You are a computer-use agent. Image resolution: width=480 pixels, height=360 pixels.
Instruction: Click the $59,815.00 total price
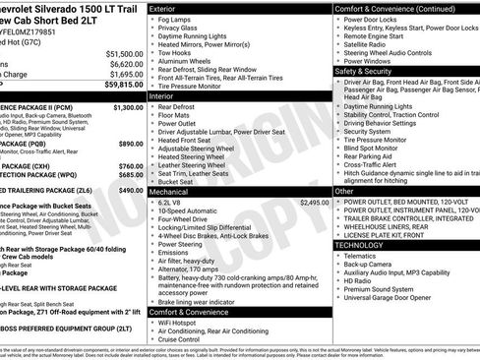point(124,86)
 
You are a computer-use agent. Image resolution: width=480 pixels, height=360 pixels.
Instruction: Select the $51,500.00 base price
point(125,53)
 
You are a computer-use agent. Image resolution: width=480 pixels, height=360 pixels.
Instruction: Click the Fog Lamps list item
point(176,19)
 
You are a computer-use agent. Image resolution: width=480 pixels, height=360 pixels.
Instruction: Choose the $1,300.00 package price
point(128,106)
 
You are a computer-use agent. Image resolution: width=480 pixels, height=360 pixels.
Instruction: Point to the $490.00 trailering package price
point(130,188)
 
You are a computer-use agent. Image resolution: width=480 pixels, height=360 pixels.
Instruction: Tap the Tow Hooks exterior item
point(174,52)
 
